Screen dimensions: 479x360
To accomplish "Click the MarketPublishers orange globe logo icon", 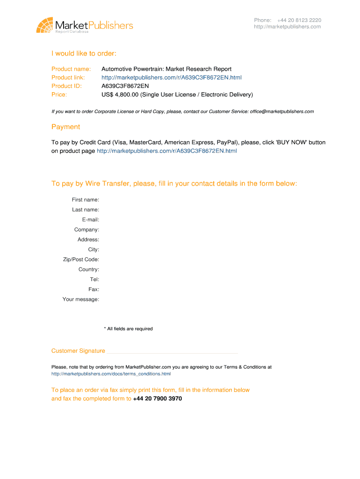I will click(44, 25).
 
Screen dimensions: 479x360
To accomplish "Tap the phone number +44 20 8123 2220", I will click(299, 20).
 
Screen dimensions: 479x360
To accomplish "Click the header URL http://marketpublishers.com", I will click(287, 27).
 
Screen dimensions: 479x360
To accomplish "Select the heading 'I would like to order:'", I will click(84, 53).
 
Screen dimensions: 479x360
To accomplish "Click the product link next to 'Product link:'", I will click(171, 77).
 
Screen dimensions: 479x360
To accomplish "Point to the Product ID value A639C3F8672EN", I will click(125, 86).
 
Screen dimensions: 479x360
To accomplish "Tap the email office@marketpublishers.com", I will click(281, 111).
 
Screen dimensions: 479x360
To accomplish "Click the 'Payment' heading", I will click(65, 127).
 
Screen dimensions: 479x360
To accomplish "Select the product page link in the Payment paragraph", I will click(166, 151).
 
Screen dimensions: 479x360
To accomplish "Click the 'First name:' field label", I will click(85, 200).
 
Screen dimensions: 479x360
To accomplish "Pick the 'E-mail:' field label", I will click(90, 220).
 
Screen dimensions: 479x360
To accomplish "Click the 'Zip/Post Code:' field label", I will click(81, 260).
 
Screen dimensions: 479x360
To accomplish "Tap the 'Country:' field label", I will click(89, 269).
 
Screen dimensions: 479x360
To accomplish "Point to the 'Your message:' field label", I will click(81, 299).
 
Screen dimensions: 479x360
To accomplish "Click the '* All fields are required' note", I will click(128, 329).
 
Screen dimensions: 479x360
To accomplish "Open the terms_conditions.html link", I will click(111, 374).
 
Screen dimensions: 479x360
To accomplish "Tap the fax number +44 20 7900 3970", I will click(157, 399).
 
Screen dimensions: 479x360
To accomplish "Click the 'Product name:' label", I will click(71, 69).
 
